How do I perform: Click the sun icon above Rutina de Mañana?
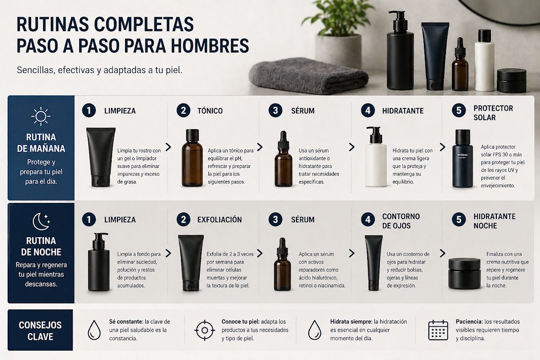(x=41, y=116)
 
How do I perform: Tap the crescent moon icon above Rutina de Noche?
(x=41, y=220)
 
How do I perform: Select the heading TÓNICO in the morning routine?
(x=210, y=111)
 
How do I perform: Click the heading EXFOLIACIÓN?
(x=220, y=220)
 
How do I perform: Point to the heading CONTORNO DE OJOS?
(x=401, y=221)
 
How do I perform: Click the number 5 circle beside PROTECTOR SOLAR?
(x=459, y=111)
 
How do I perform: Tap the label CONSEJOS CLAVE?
(x=40, y=330)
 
